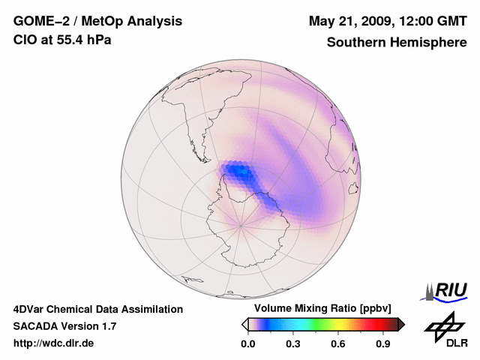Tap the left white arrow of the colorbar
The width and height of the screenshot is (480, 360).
click(x=244, y=324)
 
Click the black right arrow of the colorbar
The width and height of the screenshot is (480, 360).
click(x=401, y=324)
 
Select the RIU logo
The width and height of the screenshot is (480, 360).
click(x=448, y=290)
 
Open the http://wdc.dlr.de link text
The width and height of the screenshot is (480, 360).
click(x=54, y=343)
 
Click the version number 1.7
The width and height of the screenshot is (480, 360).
click(x=106, y=326)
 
